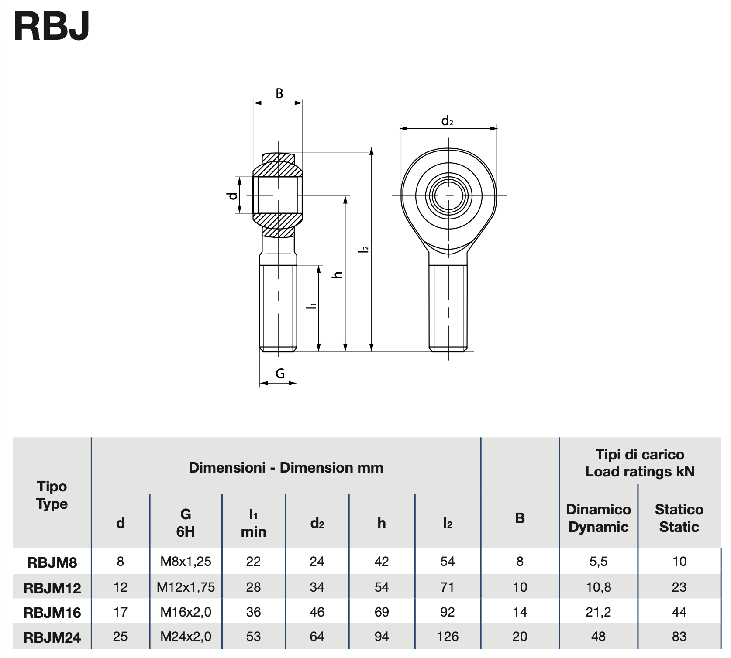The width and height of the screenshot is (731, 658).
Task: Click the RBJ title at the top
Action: pos(52,26)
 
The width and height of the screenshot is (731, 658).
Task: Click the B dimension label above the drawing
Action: pos(279,93)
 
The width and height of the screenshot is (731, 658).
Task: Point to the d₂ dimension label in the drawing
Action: pos(447,121)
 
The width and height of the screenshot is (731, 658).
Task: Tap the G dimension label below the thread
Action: pos(280,374)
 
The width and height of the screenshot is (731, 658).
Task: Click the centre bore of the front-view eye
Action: pos(448,195)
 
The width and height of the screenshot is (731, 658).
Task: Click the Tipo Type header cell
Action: pos(52,495)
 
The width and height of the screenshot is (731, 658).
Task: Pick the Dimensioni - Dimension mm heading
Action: pos(286,468)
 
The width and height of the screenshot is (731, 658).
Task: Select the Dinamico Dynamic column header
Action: pos(598,518)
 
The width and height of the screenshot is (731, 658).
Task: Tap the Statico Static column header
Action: pos(679,518)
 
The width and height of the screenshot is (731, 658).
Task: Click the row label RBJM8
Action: pos(52,562)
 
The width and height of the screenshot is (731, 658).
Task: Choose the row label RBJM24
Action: pos(52,637)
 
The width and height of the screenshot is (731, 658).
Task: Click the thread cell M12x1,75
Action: pos(186,587)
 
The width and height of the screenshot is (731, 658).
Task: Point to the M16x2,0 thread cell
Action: pos(186,612)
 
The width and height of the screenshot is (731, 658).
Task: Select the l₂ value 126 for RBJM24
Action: pos(448,637)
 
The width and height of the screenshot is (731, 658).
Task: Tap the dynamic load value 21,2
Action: pos(598,612)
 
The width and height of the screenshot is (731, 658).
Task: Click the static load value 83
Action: pos(679,637)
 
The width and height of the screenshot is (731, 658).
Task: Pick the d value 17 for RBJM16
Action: pos(121,612)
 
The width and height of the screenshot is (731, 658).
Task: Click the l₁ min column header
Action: pos(253,523)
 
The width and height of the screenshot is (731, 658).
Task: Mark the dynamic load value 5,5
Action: pos(598,562)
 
